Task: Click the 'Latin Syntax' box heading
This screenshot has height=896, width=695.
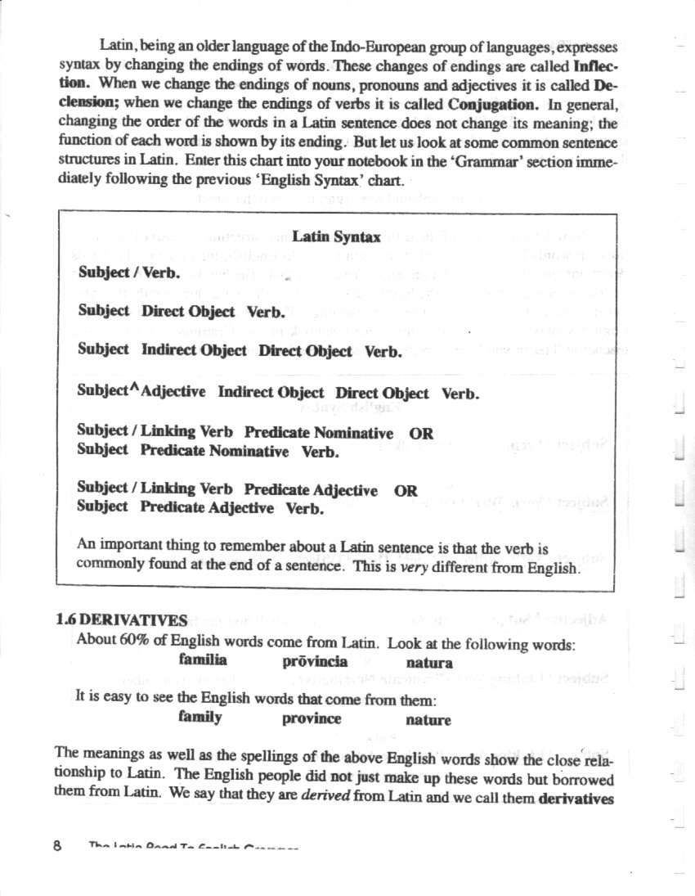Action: click(x=336, y=237)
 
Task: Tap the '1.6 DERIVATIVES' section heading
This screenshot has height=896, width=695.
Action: click(x=122, y=620)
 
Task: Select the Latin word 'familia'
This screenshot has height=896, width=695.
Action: click(x=203, y=660)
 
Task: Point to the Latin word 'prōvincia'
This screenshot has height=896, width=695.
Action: click(x=315, y=661)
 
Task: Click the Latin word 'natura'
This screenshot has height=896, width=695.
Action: click(x=428, y=663)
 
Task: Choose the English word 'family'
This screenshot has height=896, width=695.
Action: click(x=200, y=717)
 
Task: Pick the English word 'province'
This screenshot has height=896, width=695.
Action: click(x=312, y=719)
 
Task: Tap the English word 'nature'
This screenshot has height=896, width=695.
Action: click(x=428, y=720)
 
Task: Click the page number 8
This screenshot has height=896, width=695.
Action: click(x=58, y=847)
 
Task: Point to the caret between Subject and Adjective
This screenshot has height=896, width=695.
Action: click(x=135, y=386)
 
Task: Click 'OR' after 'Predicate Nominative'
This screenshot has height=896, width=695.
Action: click(x=421, y=434)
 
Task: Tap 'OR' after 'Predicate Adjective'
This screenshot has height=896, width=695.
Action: click(x=406, y=491)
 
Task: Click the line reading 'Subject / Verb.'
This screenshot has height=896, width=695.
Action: click(x=129, y=273)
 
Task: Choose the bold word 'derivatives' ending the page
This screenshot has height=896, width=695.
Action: click(x=576, y=797)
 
